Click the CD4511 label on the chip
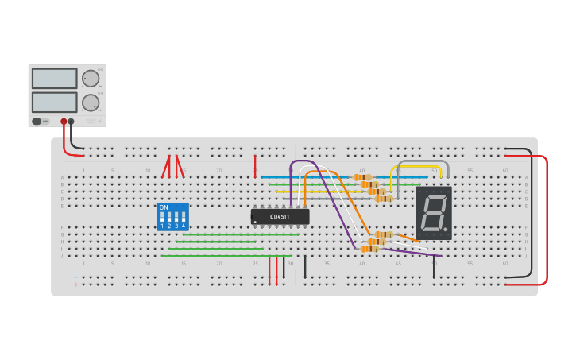point(280,216)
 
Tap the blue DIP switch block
point(173,216)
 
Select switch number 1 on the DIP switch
point(162,217)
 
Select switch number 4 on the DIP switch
point(184,217)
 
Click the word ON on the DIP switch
point(164,207)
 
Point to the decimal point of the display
point(446,230)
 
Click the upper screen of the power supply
point(55,78)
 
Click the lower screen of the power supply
point(55,102)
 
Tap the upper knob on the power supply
point(91,78)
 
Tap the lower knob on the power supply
point(91,103)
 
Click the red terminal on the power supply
point(64,122)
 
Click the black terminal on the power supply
point(72,122)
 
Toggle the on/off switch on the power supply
point(37,122)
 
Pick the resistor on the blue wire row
point(362,177)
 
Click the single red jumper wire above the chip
point(255,165)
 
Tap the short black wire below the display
point(434,268)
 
